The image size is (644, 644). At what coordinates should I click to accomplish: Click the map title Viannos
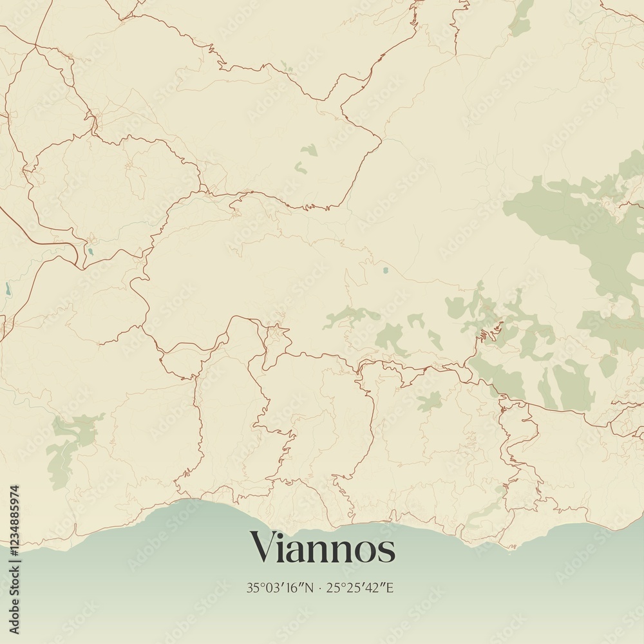[x=322, y=548]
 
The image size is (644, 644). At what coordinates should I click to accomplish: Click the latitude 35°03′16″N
[x=279, y=587]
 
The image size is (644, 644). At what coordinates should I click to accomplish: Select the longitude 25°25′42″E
[x=360, y=587]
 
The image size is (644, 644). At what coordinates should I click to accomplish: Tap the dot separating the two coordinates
[x=319, y=588]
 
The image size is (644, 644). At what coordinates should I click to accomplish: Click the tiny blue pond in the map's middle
[x=385, y=270]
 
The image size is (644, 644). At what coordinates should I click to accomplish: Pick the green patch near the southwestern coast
[x=68, y=444]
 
